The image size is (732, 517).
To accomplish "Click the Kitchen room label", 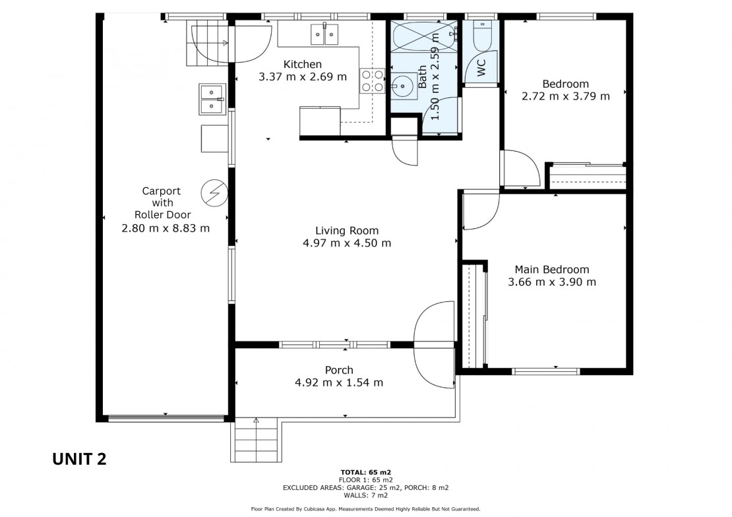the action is tap(303, 64).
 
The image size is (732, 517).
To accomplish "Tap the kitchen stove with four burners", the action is tap(373, 80).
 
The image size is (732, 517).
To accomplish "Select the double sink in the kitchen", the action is tap(324, 34).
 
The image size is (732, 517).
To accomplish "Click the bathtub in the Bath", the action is tap(424, 36).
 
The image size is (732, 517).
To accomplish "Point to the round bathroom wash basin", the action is tap(403, 86).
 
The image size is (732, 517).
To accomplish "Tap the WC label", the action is tap(481, 68).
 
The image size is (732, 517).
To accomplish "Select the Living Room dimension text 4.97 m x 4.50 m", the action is tap(347, 243).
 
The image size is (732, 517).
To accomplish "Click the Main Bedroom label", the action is tap(552, 270).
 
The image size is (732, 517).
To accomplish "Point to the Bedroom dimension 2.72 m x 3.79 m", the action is tap(565, 96).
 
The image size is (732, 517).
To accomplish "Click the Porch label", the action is tap(339, 370).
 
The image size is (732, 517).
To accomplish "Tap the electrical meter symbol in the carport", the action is tap(214, 193).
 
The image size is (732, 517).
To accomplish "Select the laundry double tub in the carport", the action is tap(212, 99).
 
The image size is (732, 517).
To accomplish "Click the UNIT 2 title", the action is tap(79, 459).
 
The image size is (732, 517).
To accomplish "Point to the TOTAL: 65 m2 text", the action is tap(365, 472).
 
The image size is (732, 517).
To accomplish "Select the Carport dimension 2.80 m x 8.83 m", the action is tap(166, 228).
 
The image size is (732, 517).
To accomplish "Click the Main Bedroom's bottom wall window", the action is tap(546, 372).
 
